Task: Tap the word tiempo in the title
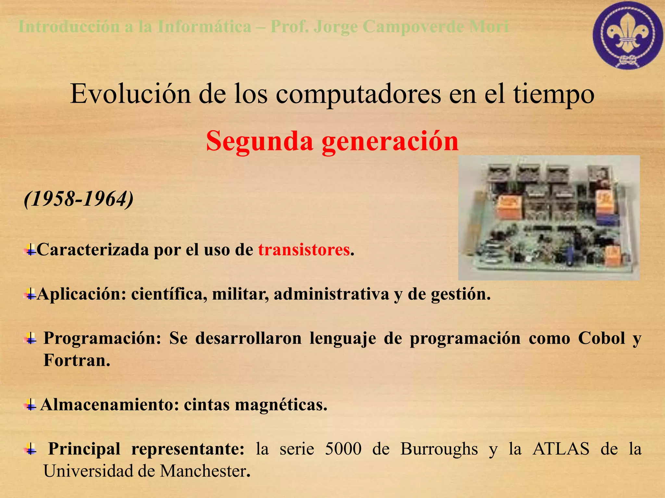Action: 554,95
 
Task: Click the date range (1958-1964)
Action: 79,199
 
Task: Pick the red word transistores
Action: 304,250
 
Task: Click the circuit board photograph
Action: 548,218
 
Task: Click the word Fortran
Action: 77,360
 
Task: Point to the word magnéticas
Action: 281,405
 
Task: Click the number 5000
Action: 343,449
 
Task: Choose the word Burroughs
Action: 439,449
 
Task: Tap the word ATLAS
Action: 561,449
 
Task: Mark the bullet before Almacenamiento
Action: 31,405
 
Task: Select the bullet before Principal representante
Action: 31,450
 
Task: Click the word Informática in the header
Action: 205,27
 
